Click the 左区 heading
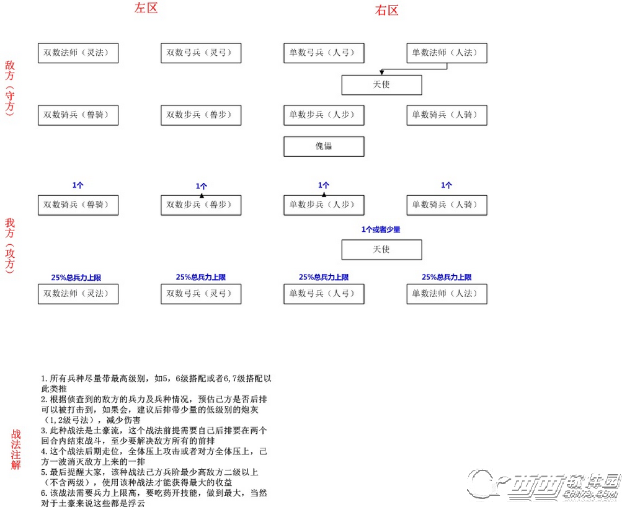(146, 9)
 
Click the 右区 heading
(386, 11)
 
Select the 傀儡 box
(324, 147)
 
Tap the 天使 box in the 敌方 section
(381, 85)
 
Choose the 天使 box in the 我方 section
(381, 250)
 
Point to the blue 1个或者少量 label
(381, 230)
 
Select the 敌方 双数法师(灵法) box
(78, 53)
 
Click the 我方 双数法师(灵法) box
(78, 294)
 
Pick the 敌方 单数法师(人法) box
(447, 53)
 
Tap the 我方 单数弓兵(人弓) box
(324, 294)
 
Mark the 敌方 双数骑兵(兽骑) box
(78, 115)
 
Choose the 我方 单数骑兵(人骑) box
(447, 205)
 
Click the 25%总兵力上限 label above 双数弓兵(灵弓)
(201, 278)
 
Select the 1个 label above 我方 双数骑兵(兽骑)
(78, 185)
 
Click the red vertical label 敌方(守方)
(11, 87)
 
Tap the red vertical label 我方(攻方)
(11, 245)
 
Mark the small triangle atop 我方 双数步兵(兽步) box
(201, 195)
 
